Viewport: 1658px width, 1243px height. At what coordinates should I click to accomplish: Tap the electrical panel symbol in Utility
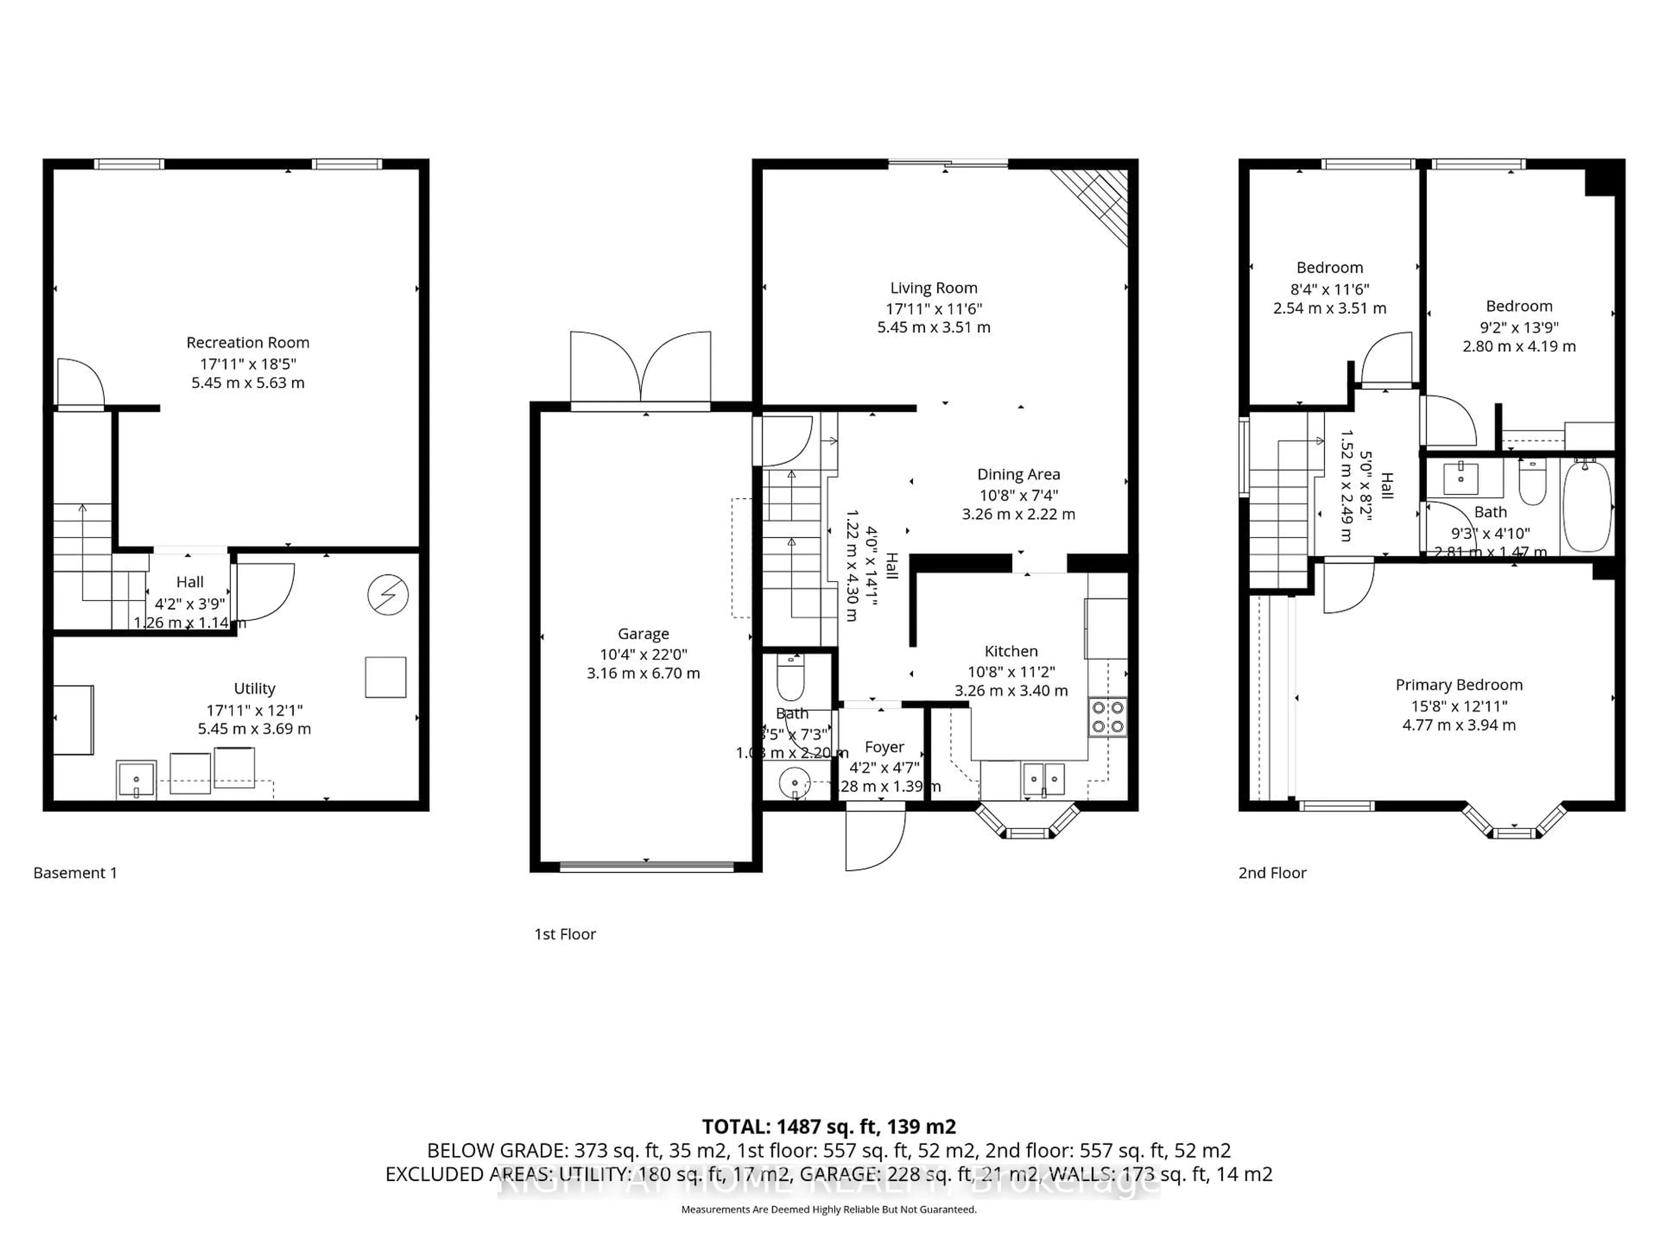(388, 596)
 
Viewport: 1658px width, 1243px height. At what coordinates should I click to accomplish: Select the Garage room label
(643, 634)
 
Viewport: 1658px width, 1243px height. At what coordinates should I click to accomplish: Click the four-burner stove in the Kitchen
(1107, 717)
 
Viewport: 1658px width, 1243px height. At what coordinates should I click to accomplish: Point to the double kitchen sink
(1044, 779)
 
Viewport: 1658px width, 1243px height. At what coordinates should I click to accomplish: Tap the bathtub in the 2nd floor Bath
(1587, 507)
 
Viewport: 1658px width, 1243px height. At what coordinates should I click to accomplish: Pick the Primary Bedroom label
(1459, 685)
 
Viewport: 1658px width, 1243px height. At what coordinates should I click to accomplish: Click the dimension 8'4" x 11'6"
(1330, 288)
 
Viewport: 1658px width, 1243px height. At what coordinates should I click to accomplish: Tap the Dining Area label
(1018, 474)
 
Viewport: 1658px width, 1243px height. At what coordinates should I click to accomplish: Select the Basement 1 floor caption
(75, 873)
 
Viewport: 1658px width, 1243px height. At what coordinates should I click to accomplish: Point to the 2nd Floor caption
(1272, 873)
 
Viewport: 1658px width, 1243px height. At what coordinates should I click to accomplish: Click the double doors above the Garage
(640, 369)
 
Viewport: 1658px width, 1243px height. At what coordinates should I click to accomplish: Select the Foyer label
(884, 747)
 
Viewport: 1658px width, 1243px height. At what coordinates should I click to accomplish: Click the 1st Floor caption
(564, 934)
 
